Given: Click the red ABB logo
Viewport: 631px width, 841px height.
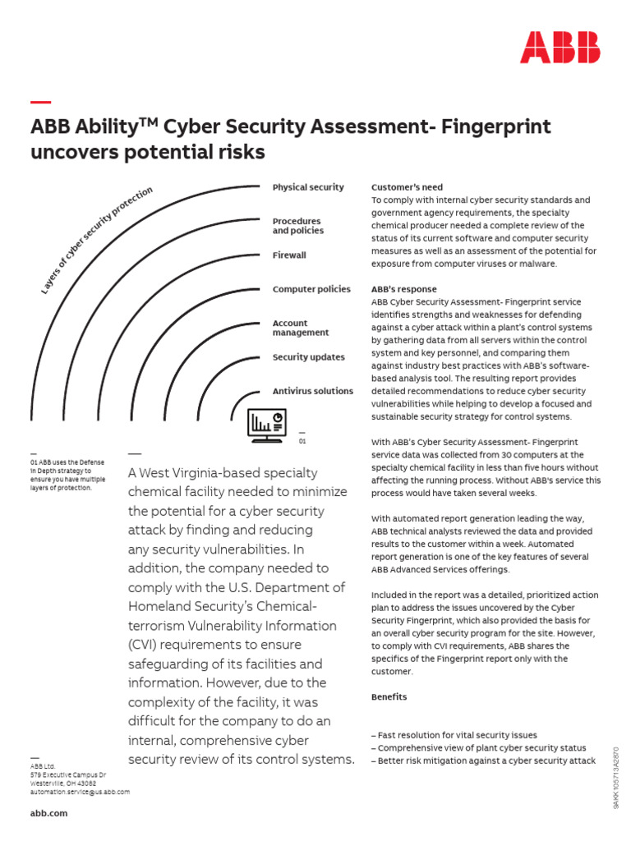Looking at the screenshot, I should (560, 48).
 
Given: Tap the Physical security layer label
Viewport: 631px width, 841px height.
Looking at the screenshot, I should (308, 187).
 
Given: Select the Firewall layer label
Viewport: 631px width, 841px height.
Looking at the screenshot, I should (289, 255).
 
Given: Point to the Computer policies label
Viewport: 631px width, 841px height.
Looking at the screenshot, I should (311, 289).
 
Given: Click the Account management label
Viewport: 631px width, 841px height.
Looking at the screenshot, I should (301, 328).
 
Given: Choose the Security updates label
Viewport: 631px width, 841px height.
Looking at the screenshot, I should (309, 357).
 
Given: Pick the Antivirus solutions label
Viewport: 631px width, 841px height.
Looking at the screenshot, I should (313, 391).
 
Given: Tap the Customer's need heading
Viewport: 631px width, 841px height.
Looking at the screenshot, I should (407, 187).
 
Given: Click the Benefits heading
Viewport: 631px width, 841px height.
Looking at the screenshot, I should (389, 696).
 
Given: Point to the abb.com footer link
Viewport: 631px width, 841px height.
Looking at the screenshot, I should (48, 813).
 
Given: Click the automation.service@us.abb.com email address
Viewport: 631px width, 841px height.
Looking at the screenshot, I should (80, 792).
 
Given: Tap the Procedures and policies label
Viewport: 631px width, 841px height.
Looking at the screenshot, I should (297, 226).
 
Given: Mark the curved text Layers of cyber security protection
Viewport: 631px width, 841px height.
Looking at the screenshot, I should (96, 239).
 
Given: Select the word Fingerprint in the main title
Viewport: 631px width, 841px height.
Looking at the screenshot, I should (496, 127).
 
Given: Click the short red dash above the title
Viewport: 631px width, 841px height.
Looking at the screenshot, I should (40, 102).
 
